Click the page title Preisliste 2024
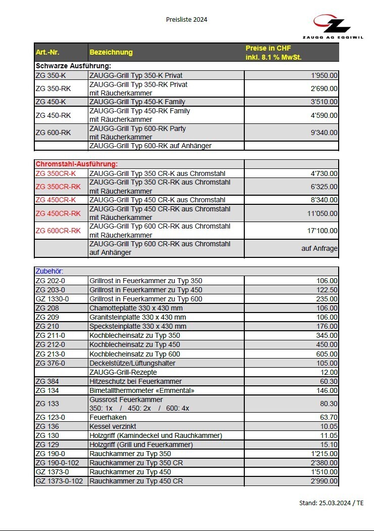(x=187, y=20)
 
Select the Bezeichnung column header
(x=111, y=52)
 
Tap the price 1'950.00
(x=325, y=75)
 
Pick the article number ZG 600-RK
(x=53, y=132)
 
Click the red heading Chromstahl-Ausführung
(x=76, y=164)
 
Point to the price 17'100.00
(x=323, y=231)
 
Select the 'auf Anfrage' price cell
(x=319, y=248)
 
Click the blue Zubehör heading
(x=49, y=271)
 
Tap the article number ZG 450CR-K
(x=56, y=200)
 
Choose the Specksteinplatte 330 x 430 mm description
(x=138, y=326)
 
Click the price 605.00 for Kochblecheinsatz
(x=327, y=354)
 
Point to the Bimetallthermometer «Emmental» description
(x=141, y=390)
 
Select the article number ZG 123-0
(x=50, y=417)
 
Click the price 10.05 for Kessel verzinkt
(x=329, y=426)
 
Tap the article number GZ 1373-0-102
(x=59, y=481)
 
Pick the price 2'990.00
(x=325, y=481)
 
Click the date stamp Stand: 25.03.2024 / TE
(x=331, y=503)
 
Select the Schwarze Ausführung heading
(x=73, y=66)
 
